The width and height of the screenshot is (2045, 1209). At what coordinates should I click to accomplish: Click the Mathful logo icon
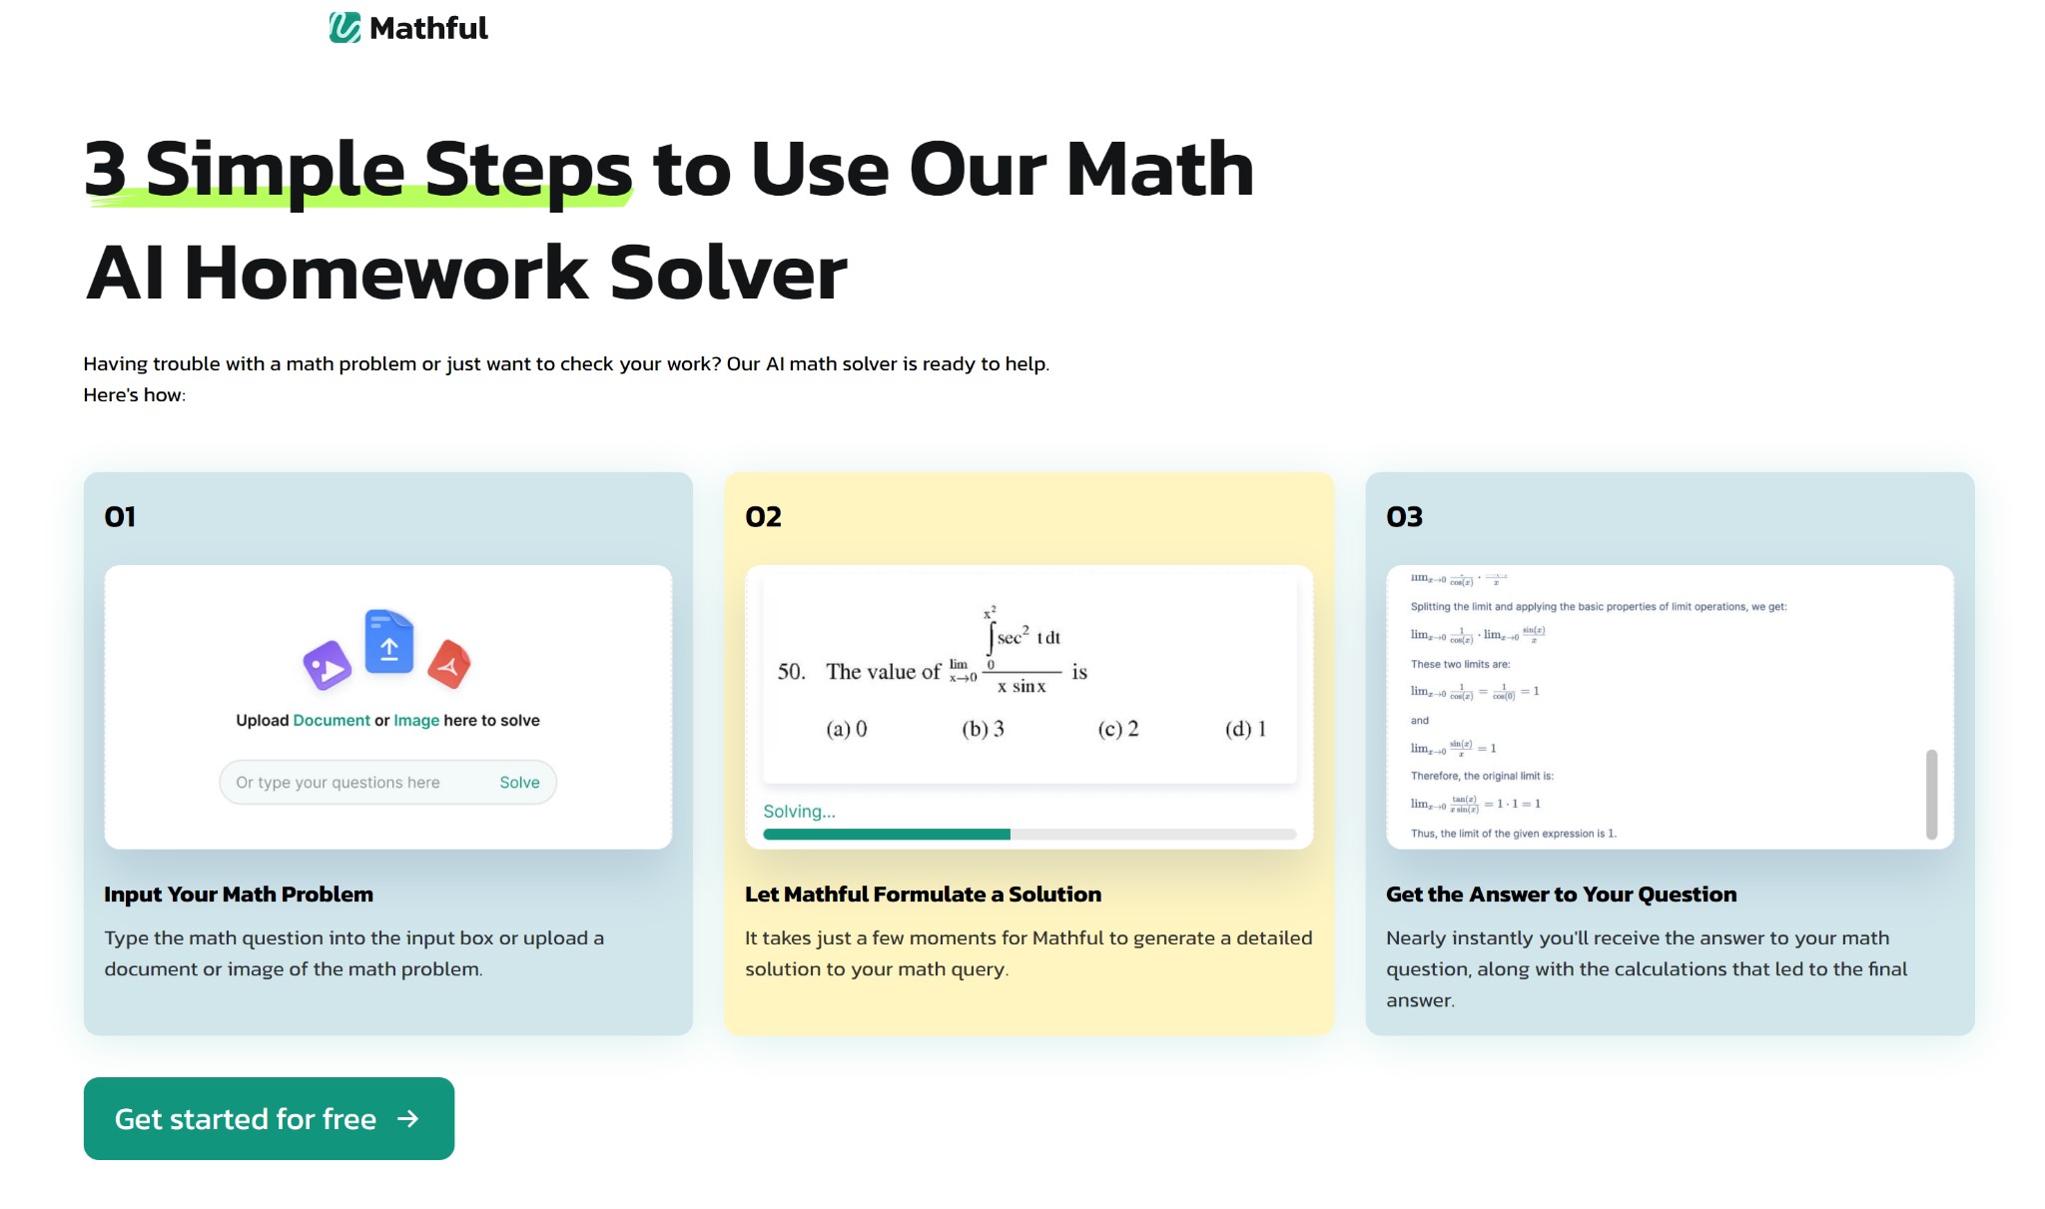click(344, 27)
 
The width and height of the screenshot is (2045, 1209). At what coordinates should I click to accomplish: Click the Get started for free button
click(269, 1118)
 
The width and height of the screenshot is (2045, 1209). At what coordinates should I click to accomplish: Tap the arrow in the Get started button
click(407, 1118)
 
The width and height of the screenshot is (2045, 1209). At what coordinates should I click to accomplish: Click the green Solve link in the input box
click(519, 783)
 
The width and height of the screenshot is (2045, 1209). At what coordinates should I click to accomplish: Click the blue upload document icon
click(389, 642)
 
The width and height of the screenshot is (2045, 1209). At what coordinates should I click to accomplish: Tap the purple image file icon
click(328, 666)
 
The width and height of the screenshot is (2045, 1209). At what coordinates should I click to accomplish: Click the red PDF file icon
click(449, 665)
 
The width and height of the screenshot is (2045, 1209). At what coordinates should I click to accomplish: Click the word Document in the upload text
click(332, 721)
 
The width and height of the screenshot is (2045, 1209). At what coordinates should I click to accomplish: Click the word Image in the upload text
click(416, 721)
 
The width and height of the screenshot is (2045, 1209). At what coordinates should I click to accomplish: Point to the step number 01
click(120, 517)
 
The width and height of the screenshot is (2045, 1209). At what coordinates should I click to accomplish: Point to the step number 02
click(763, 517)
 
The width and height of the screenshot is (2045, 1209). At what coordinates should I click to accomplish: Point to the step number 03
click(1404, 517)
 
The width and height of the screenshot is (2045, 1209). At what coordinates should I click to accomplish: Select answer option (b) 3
click(983, 729)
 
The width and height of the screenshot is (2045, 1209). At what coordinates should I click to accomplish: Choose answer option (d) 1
click(1245, 729)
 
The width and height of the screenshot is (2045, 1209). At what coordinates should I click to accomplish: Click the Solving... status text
click(799, 812)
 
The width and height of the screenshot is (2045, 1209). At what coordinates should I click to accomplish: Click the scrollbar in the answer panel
click(1931, 794)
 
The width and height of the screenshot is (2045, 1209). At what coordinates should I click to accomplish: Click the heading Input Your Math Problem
click(239, 895)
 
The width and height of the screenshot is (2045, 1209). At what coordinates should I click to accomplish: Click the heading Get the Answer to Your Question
click(1561, 895)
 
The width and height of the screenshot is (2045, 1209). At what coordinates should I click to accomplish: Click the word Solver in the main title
click(728, 274)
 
